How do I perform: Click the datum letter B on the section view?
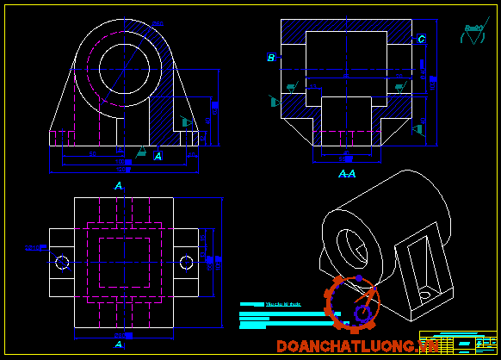tap(270, 58)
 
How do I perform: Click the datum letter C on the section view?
tap(421, 39)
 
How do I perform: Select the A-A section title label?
tap(346, 174)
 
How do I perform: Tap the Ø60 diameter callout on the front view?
tap(157, 24)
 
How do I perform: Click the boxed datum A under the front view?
tap(158, 156)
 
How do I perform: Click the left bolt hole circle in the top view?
tap(61, 262)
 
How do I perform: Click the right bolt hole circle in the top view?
tap(187, 262)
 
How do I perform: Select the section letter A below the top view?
tap(119, 344)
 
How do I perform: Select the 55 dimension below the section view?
tap(344, 158)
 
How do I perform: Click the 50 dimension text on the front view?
tap(93, 154)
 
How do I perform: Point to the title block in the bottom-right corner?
tap(458, 342)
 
